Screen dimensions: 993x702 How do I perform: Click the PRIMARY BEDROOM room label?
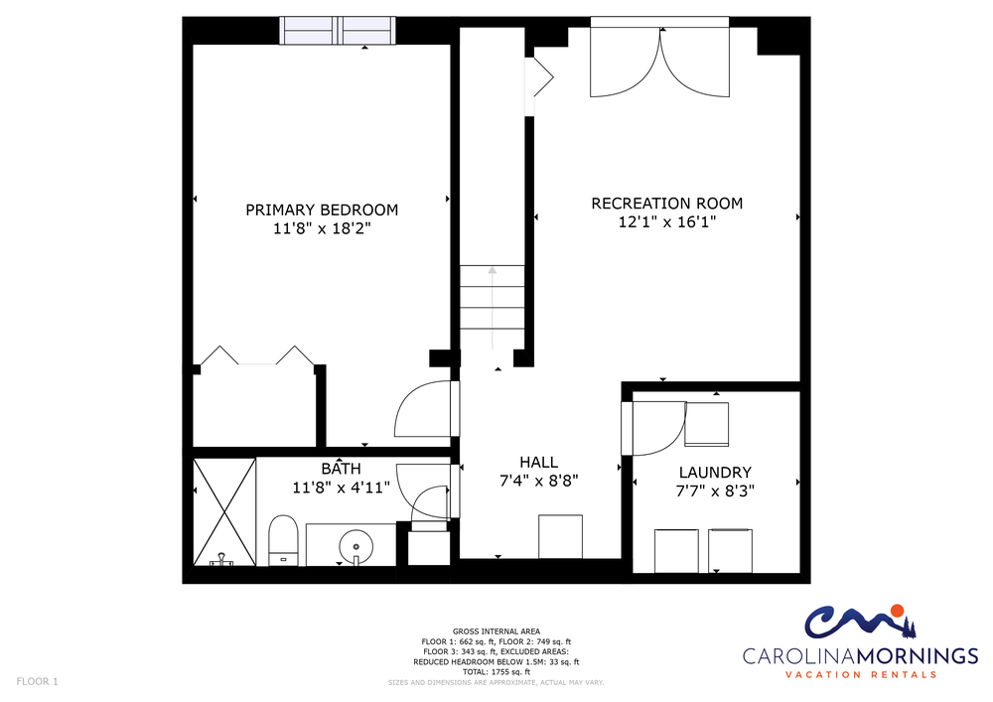(x=322, y=211)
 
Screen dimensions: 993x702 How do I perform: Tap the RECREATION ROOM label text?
(x=667, y=204)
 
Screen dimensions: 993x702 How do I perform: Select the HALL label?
(x=539, y=462)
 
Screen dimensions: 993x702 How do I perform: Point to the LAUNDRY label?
(x=715, y=473)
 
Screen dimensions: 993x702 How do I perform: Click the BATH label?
(x=341, y=469)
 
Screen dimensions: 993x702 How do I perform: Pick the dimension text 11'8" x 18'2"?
(x=322, y=228)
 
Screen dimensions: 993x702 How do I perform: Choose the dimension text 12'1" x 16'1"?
(x=667, y=222)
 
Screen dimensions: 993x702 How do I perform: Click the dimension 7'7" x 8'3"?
(x=715, y=491)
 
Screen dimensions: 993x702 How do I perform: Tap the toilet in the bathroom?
(x=283, y=540)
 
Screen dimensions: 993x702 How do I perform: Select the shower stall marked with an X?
(x=224, y=512)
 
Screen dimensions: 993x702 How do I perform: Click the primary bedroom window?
(x=338, y=31)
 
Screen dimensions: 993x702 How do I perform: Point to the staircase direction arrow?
(x=493, y=308)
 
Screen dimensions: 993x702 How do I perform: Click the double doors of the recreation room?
(x=660, y=62)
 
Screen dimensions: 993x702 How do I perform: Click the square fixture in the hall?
(x=560, y=537)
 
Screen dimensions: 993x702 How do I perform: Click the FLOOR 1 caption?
(x=37, y=682)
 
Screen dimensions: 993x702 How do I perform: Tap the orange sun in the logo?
(x=896, y=611)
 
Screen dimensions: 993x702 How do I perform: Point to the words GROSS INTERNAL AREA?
(x=496, y=632)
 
